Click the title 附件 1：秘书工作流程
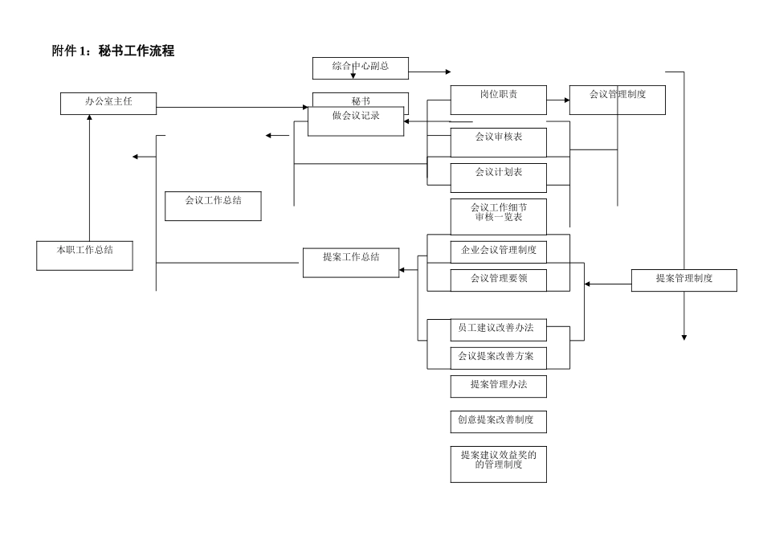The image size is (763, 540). tap(113, 51)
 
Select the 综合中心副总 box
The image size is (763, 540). tap(361, 67)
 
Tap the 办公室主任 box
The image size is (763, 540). tap(108, 103)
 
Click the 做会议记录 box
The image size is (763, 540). tap(356, 121)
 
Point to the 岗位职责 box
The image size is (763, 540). tap(498, 100)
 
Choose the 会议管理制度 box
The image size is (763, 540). tap(617, 100)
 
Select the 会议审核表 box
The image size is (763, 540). tap(498, 142)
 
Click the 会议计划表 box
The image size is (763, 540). tap(498, 178)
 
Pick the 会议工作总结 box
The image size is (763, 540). tap(213, 206)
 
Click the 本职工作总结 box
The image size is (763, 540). tap(84, 255)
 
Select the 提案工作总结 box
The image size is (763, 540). tap(351, 263)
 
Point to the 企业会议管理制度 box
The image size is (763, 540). tap(498, 252)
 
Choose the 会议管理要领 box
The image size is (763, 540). tap(498, 280)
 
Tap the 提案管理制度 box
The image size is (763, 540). tap(683, 280)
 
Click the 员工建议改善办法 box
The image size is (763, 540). tap(498, 330)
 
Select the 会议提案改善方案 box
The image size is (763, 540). tap(498, 358)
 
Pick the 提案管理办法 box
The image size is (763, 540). tap(498, 387)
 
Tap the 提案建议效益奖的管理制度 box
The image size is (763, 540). tap(498, 464)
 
